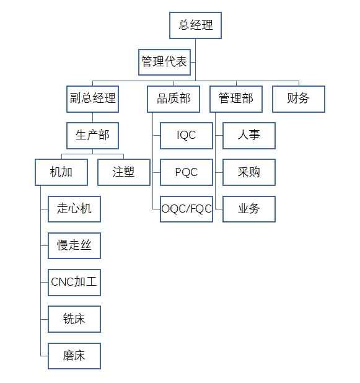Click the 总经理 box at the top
tap(195, 25)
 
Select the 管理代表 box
tap(164, 63)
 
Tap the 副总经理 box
tap(92, 99)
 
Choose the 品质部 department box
tap(173, 99)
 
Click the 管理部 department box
tap(236, 99)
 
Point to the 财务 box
tap(299, 99)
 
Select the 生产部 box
tap(92, 136)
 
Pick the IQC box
tap(187, 136)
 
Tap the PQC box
tap(187, 172)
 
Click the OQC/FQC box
tap(187, 209)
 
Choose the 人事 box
tap(249, 136)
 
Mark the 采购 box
tap(249, 172)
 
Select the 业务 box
tap(249, 209)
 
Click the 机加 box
tap(61, 172)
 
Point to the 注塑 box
tap(124, 172)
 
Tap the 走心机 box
tap(74, 209)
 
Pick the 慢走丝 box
tap(74, 245)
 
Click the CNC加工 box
tap(74, 283)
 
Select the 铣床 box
tap(74, 319)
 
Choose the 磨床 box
tap(74, 356)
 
